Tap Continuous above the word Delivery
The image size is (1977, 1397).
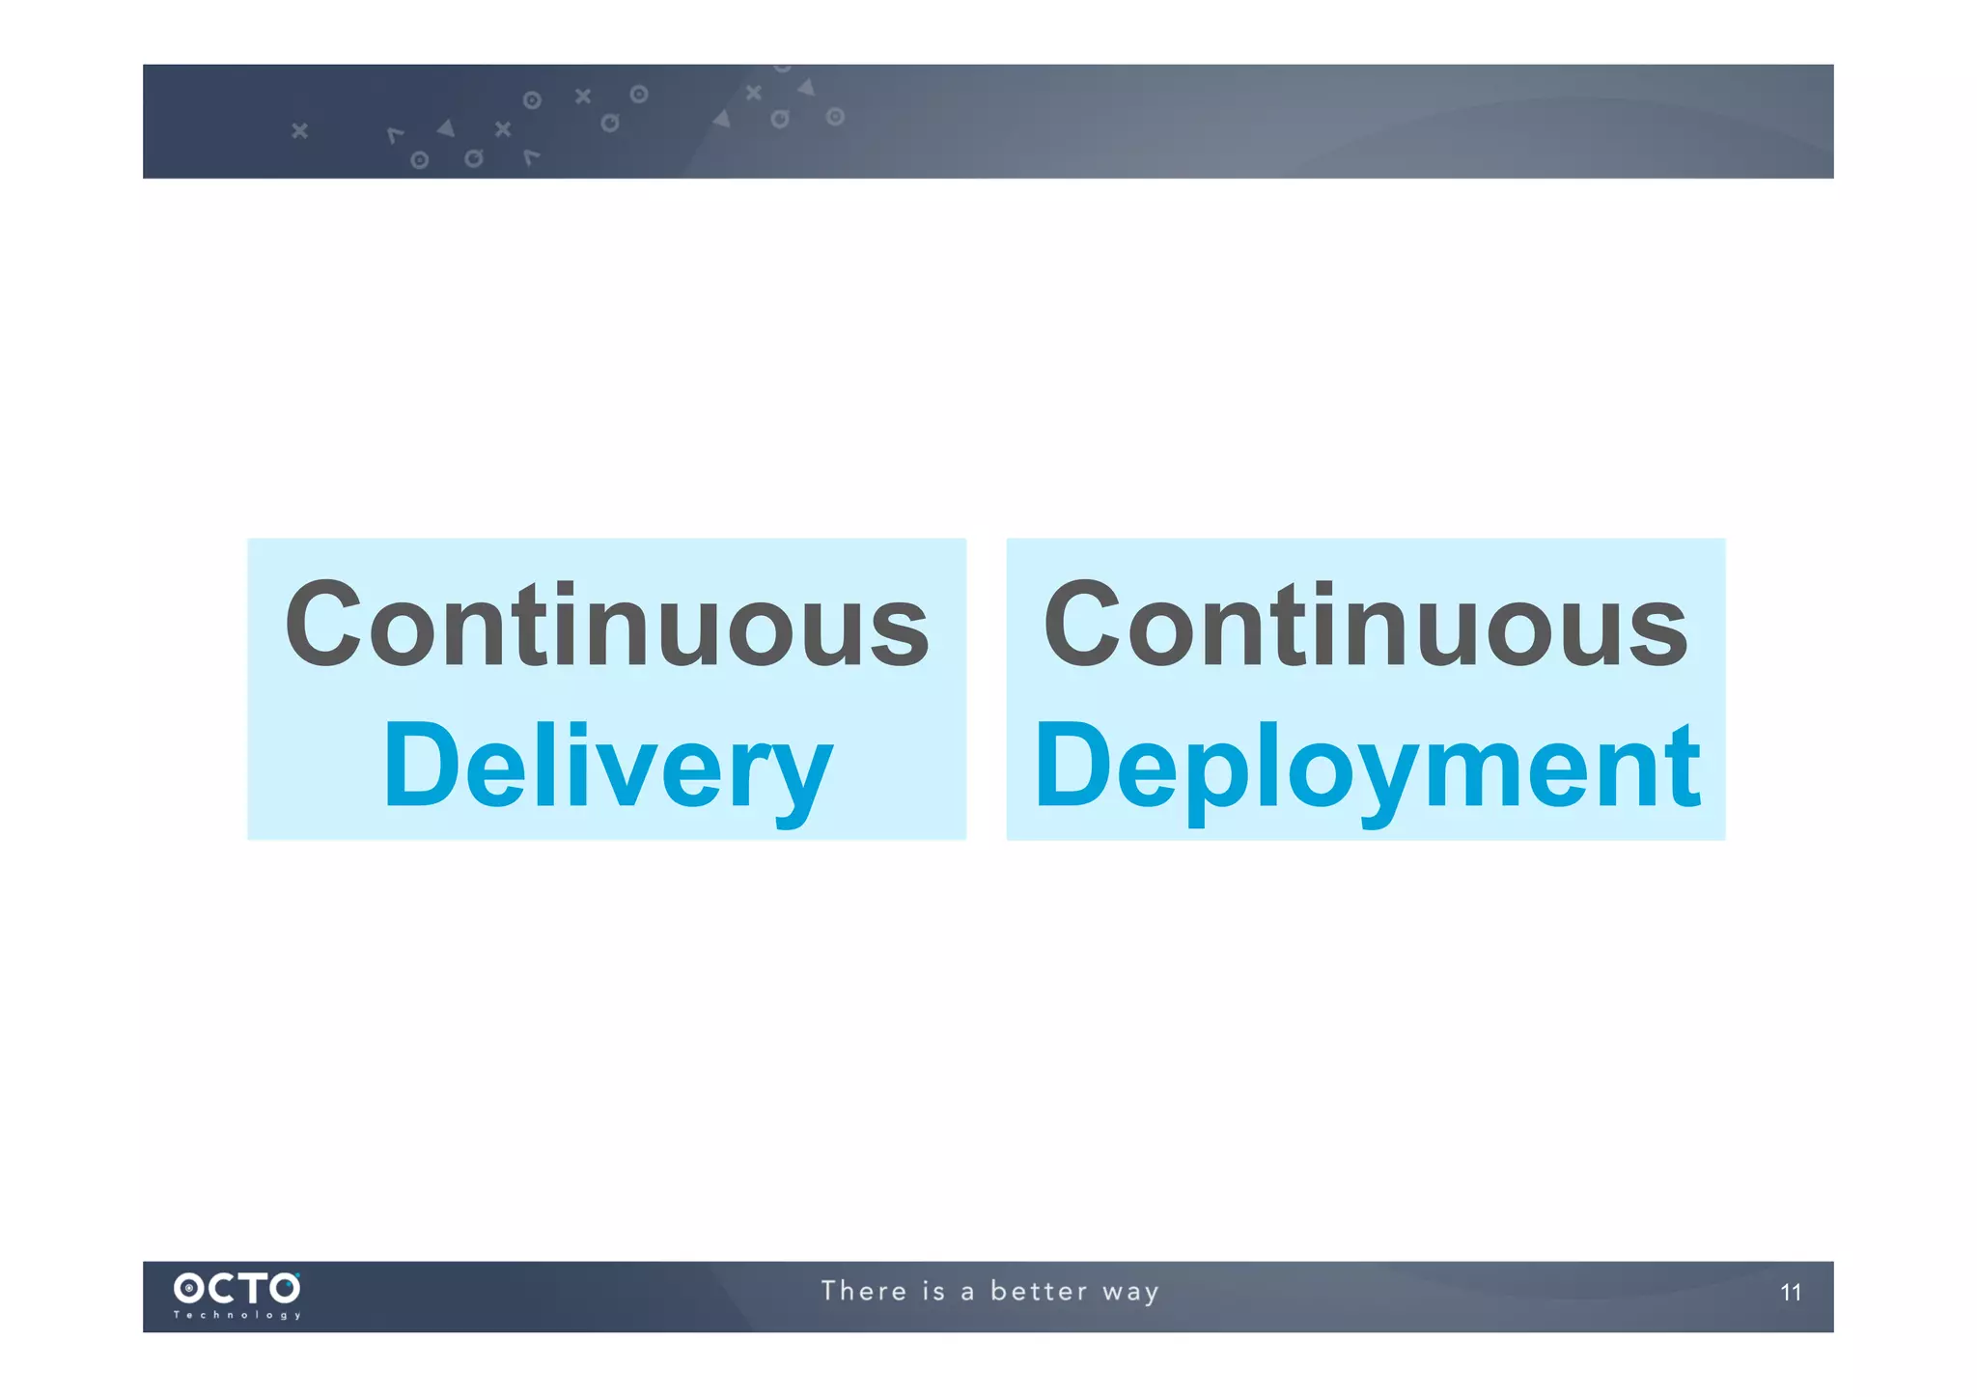tap(607, 626)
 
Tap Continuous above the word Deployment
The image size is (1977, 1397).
tap(1366, 626)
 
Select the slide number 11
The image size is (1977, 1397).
tap(1791, 1293)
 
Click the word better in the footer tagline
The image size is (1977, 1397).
tap(1039, 1292)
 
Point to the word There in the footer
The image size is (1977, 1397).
tap(864, 1292)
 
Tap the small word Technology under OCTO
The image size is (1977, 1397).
tap(237, 1315)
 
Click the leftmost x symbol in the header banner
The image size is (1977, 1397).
tap(299, 129)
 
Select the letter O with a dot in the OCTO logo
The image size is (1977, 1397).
tap(188, 1288)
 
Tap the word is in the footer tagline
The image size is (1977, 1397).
tap(933, 1292)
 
